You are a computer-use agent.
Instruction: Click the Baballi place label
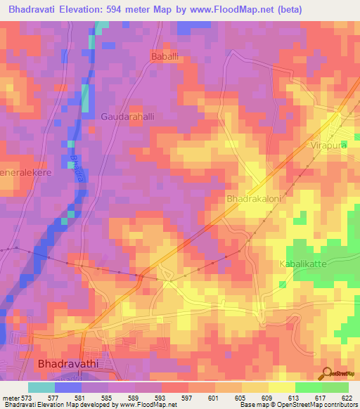pos(167,56)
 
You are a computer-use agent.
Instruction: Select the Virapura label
pos(326,146)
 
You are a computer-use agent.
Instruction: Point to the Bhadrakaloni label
pos(255,200)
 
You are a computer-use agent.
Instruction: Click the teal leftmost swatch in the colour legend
pos(41,387)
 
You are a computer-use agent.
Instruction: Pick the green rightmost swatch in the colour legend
pos(335,387)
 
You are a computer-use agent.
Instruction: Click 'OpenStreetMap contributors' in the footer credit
pos(312,405)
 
